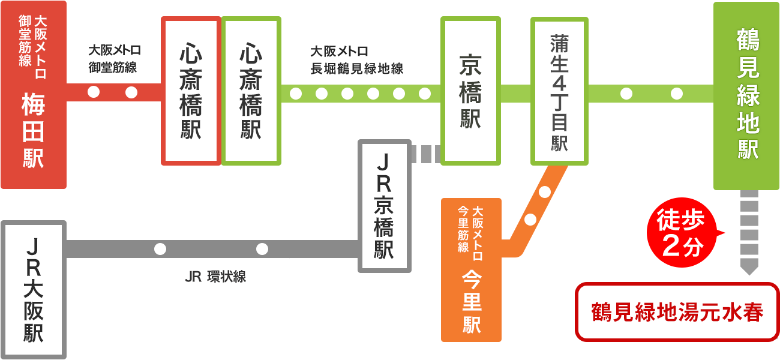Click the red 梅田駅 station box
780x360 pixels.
(x=34, y=95)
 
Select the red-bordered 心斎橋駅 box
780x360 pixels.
(x=191, y=91)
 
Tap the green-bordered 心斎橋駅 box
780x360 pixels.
(x=251, y=91)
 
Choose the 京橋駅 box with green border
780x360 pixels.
(x=470, y=91)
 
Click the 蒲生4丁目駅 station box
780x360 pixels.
(x=559, y=91)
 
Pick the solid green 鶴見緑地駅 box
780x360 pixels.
(x=746, y=96)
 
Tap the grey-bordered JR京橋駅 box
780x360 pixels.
(x=385, y=206)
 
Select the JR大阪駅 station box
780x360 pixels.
(x=34, y=290)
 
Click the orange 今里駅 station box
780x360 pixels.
(x=471, y=270)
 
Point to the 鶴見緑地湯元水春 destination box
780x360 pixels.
(x=677, y=312)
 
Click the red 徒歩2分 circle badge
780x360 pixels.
(x=682, y=233)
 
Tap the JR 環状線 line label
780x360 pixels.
(x=215, y=277)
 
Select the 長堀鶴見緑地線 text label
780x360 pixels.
(x=356, y=68)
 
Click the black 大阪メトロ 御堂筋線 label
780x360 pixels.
(x=114, y=58)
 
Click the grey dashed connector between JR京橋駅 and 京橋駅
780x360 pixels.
(x=426, y=154)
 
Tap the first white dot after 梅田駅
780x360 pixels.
(x=94, y=92)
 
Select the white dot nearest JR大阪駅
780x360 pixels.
(x=160, y=249)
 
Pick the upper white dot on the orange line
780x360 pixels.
(x=545, y=192)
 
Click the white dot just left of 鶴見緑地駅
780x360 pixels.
(x=677, y=94)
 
